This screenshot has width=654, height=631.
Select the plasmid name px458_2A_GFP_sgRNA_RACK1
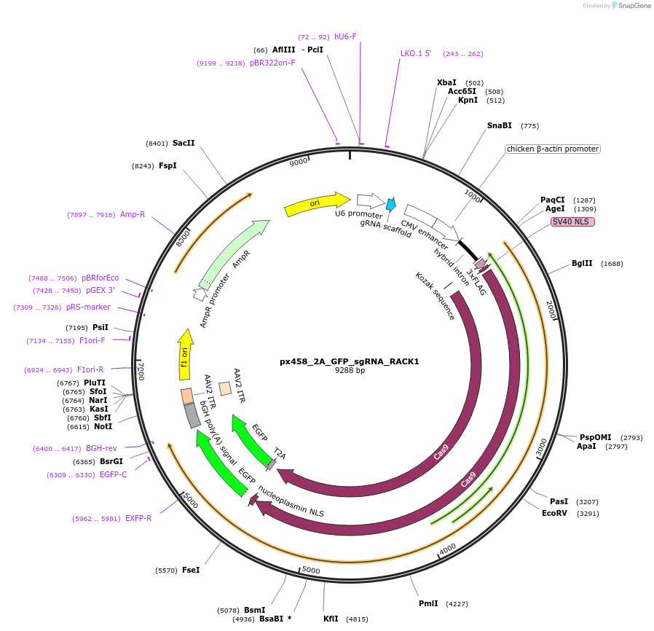pyautogui.click(x=350, y=361)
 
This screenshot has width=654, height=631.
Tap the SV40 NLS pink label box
pyautogui.click(x=572, y=222)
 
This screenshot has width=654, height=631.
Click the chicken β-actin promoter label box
pyautogui.click(x=553, y=149)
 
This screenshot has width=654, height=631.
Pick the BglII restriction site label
pyautogui.click(x=582, y=264)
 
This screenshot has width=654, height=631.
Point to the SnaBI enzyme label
pyautogui.click(x=500, y=126)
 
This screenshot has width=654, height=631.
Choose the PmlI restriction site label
pyautogui.click(x=428, y=603)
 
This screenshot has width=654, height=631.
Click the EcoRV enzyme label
pyautogui.click(x=553, y=514)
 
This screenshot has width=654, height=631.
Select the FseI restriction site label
pyautogui.click(x=191, y=570)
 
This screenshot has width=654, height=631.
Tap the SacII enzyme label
pyautogui.click(x=184, y=144)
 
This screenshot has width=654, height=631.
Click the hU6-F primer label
pyautogui.click(x=345, y=36)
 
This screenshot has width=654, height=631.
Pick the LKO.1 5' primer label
pyautogui.click(x=416, y=53)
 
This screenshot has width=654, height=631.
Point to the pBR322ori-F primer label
pyautogui.click(x=272, y=63)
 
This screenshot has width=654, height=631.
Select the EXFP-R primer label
pyautogui.click(x=138, y=519)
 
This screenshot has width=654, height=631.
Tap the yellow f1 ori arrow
pyautogui.click(x=186, y=355)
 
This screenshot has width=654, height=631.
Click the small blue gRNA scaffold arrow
pyautogui.click(x=391, y=205)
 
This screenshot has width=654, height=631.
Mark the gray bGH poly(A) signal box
pyautogui.click(x=192, y=415)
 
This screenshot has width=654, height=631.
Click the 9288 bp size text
pyautogui.click(x=350, y=371)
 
